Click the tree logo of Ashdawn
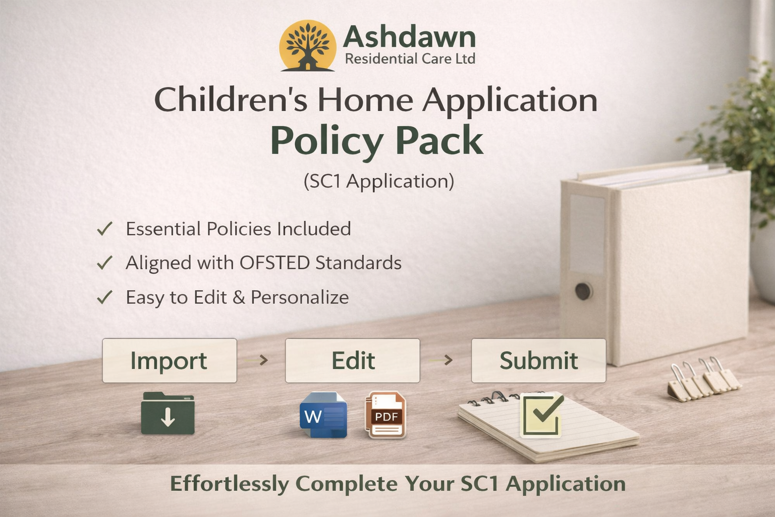(307, 46)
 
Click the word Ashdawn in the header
(409, 37)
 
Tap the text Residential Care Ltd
(410, 59)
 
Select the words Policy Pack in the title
(376, 141)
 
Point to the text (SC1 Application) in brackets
(378, 181)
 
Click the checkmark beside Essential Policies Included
(104, 229)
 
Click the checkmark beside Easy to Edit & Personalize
(104, 297)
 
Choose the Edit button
(352, 360)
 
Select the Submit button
(538, 360)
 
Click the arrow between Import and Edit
(263, 360)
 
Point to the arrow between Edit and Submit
(448, 360)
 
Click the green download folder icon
(168, 413)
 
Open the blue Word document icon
(323, 415)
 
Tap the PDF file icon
(385, 415)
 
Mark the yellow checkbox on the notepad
(541, 416)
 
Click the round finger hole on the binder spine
(583, 291)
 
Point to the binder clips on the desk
(704, 379)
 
